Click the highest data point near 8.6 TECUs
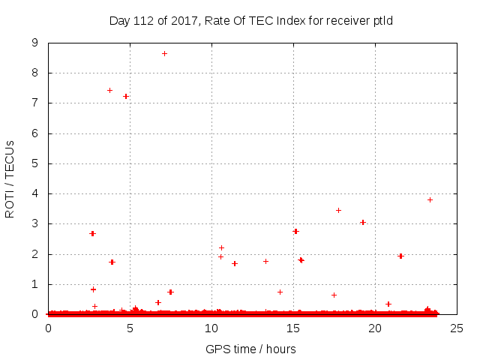pos(164,53)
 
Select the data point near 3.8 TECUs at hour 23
pos(430,199)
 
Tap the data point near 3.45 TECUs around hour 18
pos(338,210)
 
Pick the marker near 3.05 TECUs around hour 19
pos(362,222)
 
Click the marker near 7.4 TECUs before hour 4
pos(109,90)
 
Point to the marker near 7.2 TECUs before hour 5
pos(126,96)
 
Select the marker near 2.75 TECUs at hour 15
pos(295,231)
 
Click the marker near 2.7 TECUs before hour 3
pos(92,233)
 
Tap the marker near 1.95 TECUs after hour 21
pos(400,256)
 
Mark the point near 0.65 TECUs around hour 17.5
pos(334,295)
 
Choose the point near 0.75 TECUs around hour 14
pos(280,292)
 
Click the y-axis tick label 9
pos(34,43)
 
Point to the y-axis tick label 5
pos(34,163)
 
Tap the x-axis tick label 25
pos(456,328)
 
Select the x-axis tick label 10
pos(211,328)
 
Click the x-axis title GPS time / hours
pos(250,349)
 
